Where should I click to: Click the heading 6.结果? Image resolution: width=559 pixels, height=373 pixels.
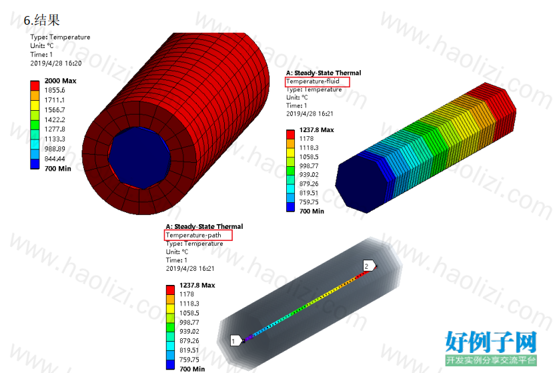tap(41, 20)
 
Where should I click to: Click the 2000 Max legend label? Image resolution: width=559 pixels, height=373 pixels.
tap(60, 81)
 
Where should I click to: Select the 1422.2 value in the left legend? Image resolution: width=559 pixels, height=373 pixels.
tap(55, 120)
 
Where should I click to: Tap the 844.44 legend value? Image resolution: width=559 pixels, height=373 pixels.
tap(55, 159)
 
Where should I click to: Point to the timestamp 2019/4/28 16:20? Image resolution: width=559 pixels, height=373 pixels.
tap(55, 63)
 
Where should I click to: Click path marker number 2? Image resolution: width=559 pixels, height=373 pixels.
tap(369, 266)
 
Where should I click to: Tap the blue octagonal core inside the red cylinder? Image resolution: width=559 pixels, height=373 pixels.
tap(139, 157)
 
